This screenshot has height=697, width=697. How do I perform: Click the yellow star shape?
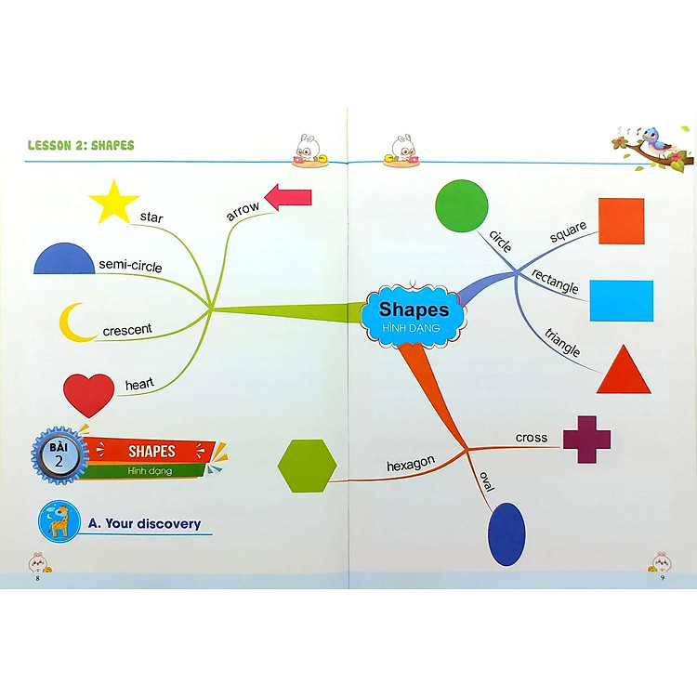pyautogui.click(x=113, y=204)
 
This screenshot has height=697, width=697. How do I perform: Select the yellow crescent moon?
pyautogui.click(x=75, y=322)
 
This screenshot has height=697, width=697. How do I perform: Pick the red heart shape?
pyautogui.click(x=88, y=393)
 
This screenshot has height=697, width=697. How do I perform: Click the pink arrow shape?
pyautogui.click(x=288, y=197)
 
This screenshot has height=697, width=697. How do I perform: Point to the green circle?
pyautogui.click(x=462, y=205)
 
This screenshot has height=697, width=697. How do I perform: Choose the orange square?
pyautogui.click(x=621, y=221)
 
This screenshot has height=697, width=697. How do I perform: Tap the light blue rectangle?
pyautogui.click(x=621, y=300)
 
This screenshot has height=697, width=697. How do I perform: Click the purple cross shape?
pyautogui.click(x=586, y=439)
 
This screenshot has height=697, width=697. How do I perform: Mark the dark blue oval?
pyautogui.click(x=506, y=534)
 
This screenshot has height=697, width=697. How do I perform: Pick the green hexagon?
pyautogui.click(x=307, y=466)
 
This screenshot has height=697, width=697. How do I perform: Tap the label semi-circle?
pyautogui.click(x=130, y=267)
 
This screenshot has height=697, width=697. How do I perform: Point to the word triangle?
pyautogui.click(x=562, y=343)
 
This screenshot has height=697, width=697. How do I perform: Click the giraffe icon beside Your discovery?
pyautogui.click(x=59, y=522)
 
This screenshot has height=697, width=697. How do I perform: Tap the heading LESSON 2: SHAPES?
pyautogui.click(x=81, y=146)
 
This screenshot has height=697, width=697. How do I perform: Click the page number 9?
pyautogui.click(x=662, y=579)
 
